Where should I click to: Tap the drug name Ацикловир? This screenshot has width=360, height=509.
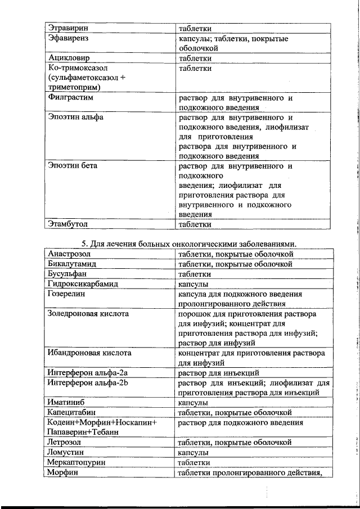point(69,58)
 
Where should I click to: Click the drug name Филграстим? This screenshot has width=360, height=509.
point(70,98)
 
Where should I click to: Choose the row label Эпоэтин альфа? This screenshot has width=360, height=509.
point(76,118)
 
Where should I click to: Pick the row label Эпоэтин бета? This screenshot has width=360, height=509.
point(73,166)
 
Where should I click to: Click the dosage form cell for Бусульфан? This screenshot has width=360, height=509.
point(195,274)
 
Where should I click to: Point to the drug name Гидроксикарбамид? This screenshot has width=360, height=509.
point(83,284)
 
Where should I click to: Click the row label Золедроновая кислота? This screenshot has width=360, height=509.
point(88,313)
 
